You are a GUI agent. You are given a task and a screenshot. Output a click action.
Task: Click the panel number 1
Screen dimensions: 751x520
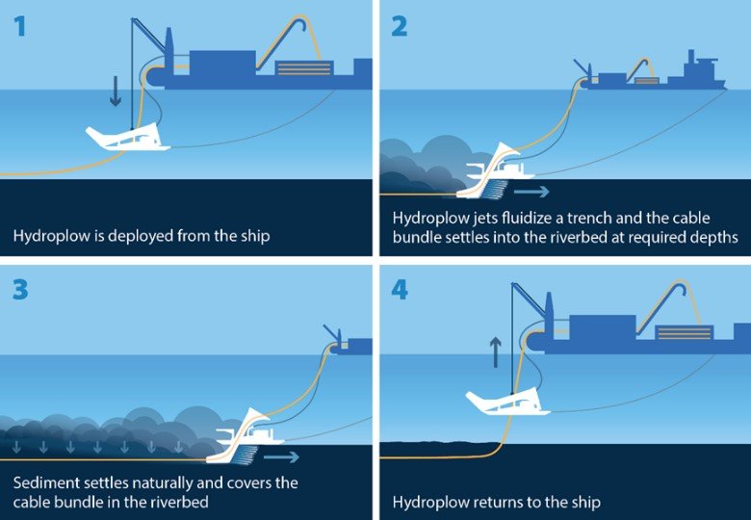(19, 26)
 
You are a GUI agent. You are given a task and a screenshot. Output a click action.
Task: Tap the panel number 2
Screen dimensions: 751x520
(399, 26)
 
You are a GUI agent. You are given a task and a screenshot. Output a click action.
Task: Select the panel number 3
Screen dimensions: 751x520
(20, 290)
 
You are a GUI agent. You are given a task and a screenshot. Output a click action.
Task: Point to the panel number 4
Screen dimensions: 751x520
(400, 290)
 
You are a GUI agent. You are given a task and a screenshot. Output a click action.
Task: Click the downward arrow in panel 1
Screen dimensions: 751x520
(115, 90)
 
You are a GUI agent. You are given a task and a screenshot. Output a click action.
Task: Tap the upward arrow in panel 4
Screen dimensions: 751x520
(495, 352)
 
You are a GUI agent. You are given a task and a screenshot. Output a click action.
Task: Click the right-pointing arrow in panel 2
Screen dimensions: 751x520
(531, 192)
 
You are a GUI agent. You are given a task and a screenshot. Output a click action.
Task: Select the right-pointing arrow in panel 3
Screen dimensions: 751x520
(281, 456)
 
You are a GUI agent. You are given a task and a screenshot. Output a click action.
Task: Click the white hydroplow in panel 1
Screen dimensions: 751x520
(128, 138)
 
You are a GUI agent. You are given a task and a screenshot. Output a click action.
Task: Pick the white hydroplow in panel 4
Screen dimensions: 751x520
(507, 403)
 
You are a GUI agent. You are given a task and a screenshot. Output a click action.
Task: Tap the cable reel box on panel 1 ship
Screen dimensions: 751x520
(304, 68)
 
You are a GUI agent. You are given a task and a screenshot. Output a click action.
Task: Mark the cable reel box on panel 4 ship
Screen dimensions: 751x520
(685, 333)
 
